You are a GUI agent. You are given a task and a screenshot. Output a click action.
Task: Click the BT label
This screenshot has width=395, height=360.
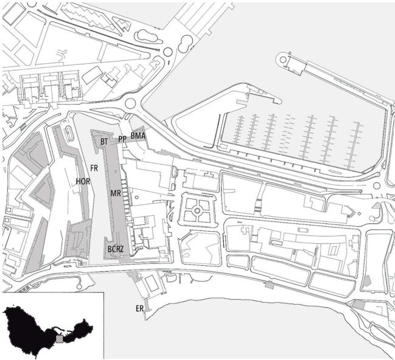pyautogui.click(x=104, y=141)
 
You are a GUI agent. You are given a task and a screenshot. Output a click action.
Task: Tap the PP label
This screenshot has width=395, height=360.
pyautogui.click(x=122, y=139)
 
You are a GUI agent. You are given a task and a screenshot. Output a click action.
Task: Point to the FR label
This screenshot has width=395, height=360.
pyautogui.click(x=94, y=167)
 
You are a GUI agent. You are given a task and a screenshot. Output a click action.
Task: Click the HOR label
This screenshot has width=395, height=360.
pyautogui.click(x=83, y=181)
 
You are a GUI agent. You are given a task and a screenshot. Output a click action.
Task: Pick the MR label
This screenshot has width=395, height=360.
pyautogui.click(x=115, y=193)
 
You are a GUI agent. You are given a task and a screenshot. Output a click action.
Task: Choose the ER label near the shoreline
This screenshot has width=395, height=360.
pyautogui.click(x=139, y=309)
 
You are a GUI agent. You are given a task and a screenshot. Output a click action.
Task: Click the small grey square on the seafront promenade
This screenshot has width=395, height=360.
pyautogui.click(x=266, y=283)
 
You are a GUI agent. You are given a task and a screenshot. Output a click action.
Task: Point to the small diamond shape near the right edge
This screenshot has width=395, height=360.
pyautogui.click(x=359, y=213)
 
